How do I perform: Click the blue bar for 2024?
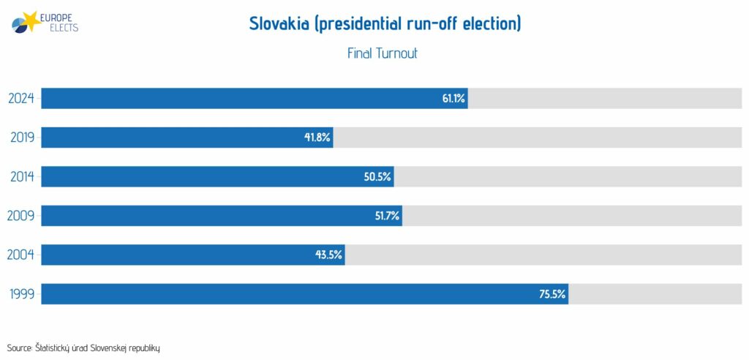[x=255, y=99]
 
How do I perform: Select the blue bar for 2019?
[x=187, y=138]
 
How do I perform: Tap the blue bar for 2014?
[x=217, y=177]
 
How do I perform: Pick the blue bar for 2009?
[x=222, y=216]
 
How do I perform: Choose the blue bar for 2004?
[x=193, y=255]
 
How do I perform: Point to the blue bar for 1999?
[x=305, y=294]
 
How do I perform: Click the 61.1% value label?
[x=453, y=99]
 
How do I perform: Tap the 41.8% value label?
[x=317, y=138]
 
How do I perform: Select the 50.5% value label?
[x=377, y=177]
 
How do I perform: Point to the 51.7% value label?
[x=387, y=217]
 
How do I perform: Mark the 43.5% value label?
[x=328, y=255]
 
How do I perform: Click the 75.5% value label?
[x=552, y=294]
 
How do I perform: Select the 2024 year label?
[x=22, y=99]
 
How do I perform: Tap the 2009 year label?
[x=21, y=217]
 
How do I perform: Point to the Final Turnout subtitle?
[x=382, y=53]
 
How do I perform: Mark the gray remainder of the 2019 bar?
[x=538, y=138]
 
